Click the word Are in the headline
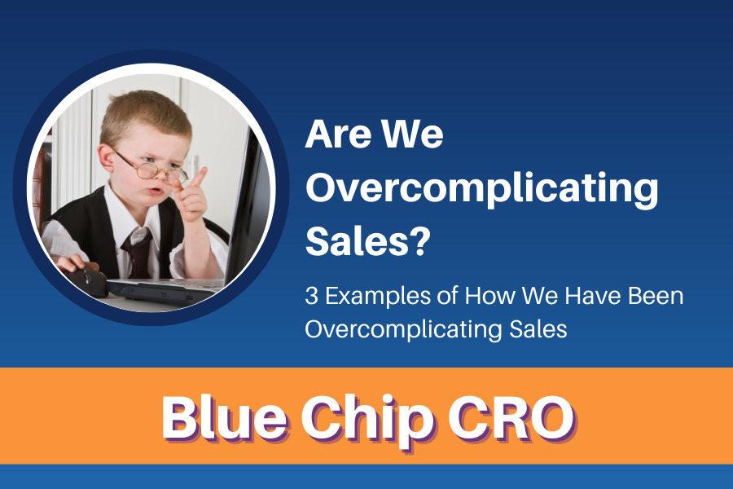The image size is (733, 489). tap(337, 134)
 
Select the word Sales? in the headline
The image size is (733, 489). tap(368, 240)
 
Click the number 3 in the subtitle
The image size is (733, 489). tap(311, 296)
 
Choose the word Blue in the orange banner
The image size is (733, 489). tap(225, 416)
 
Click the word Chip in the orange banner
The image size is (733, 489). tap(366, 418)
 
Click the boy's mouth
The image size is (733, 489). tap(156, 190)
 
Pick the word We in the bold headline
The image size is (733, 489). tap(412, 134)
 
